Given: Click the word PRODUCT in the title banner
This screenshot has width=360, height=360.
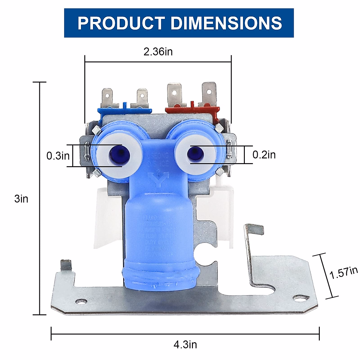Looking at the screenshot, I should point(121,23).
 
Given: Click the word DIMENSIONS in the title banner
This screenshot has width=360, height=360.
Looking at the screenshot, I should point(226,23).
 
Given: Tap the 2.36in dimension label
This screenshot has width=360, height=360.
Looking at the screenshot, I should point(158,52).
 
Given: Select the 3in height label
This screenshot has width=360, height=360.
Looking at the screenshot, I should point(21,199).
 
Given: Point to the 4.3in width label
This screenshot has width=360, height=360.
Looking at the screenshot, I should point(185,345).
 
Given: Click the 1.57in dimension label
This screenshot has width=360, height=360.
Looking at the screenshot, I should point(343,272).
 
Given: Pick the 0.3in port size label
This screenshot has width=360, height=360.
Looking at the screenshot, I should point(58,156).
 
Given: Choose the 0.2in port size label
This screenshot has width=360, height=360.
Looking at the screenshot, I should point(264,154).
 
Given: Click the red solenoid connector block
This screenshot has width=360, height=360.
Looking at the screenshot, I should point(192,109).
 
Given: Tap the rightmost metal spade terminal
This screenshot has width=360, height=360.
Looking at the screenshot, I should point(209,93).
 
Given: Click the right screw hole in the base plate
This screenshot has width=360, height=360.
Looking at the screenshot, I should point(301,298).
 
